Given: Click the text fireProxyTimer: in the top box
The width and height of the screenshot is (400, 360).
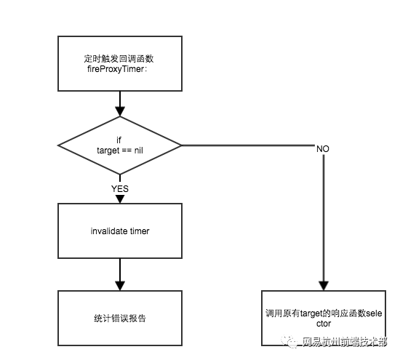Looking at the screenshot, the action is [x=117, y=69].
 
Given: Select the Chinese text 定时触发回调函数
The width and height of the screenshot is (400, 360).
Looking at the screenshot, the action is [x=119, y=59].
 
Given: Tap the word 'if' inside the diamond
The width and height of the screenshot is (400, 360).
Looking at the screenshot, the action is [x=119, y=140].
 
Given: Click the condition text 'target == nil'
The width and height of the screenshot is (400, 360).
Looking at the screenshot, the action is [x=120, y=151].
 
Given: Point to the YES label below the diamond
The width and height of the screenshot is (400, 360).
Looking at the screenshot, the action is [x=120, y=189].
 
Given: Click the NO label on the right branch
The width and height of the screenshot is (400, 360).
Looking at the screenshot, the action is [x=323, y=149].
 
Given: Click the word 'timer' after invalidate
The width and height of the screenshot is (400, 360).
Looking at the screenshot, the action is [x=140, y=231].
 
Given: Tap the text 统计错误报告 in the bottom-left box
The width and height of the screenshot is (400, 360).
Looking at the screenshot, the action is [x=120, y=319].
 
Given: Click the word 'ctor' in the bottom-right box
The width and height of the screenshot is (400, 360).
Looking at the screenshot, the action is [x=324, y=324].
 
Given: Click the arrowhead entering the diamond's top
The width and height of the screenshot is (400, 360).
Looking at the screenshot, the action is [x=120, y=111].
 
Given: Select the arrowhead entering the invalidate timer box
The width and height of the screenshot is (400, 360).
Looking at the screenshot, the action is [x=120, y=199].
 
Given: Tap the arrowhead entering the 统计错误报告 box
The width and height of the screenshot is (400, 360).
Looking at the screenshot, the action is [x=120, y=286].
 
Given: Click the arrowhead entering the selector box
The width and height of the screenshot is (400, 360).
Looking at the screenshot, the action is [x=324, y=286].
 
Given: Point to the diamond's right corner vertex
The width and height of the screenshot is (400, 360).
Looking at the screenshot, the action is [x=182, y=145].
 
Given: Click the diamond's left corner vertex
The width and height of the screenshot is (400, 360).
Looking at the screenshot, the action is [x=58, y=145].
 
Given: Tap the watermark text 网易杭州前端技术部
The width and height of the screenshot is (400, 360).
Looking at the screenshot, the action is [x=345, y=342].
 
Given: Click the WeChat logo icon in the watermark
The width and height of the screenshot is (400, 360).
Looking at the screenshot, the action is [x=289, y=342].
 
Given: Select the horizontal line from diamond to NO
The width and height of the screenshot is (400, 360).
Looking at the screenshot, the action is [x=249, y=145].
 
